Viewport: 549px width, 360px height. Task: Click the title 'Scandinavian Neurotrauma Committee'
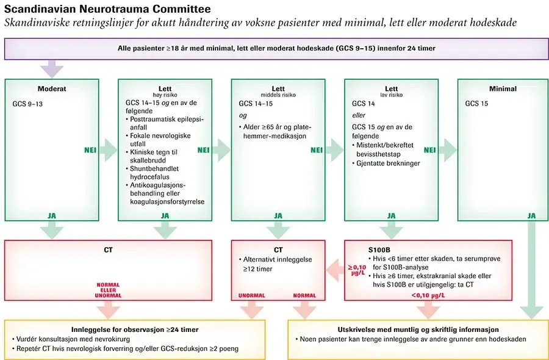pyautogui.click(x=107, y=9)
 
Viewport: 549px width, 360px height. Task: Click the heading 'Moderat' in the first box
pyautogui.click(x=51, y=88)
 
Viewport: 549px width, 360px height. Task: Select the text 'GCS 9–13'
pyautogui.click(x=28, y=104)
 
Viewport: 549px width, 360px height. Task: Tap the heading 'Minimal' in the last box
pyautogui.click(x=503, y=88)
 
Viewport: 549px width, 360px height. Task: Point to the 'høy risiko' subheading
pyautogui.click(x=165, y=96)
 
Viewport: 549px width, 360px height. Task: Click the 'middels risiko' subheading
pyautogui.click(x=278, y=96)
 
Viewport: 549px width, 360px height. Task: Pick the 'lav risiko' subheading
pyautogui.click(x=391, y=96)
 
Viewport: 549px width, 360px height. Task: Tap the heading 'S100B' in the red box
pyautogui.click(x=379, y=250)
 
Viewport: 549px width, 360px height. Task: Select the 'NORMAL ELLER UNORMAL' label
pyautogui.click(x=108, y=290)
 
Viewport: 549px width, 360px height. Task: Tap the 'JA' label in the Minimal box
pyautogui.click(x=531, y=215)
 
